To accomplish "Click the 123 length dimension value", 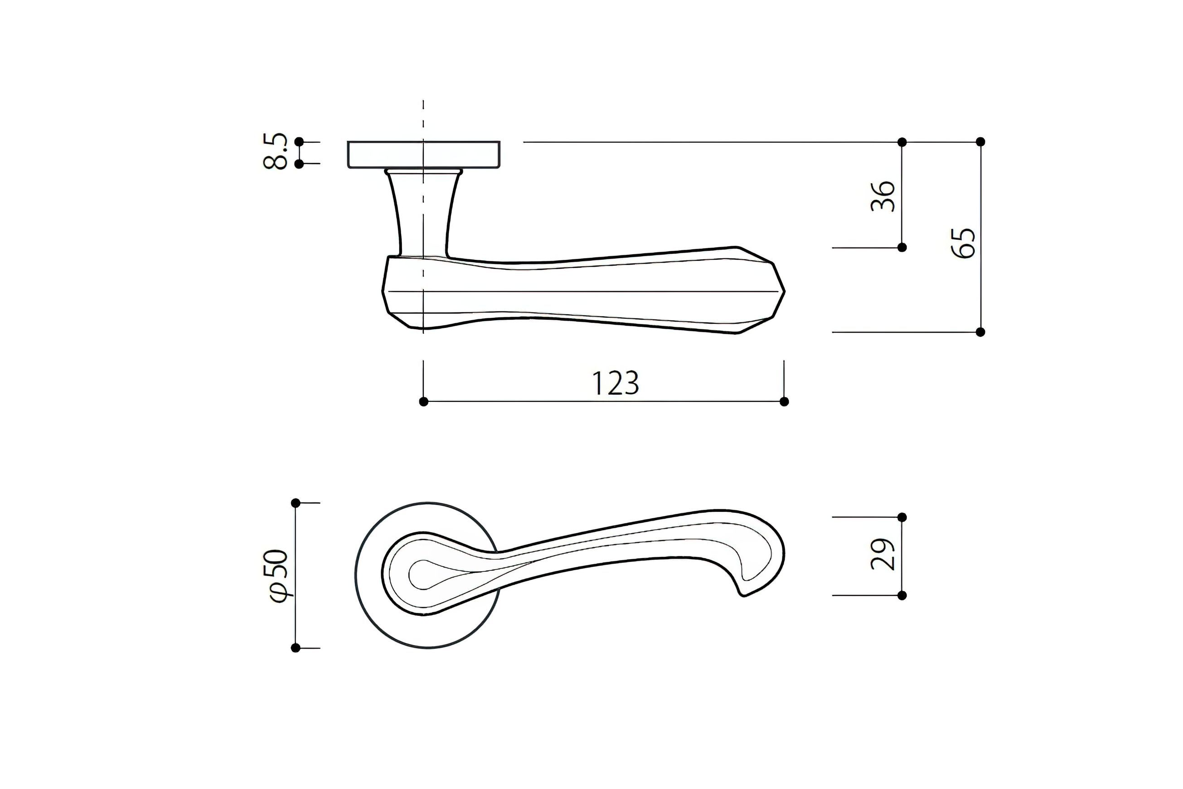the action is tap(615, 384).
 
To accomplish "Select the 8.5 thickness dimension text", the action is tap(276, 151).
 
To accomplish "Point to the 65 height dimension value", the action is tap(963, 244).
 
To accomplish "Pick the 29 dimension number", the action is tap(883, 555).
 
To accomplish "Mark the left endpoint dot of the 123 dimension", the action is tap(423, 402).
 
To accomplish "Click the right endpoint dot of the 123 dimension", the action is tap(784, 402).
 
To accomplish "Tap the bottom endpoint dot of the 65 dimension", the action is tap(980, 332).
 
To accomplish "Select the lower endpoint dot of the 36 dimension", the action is tap(902, 248).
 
